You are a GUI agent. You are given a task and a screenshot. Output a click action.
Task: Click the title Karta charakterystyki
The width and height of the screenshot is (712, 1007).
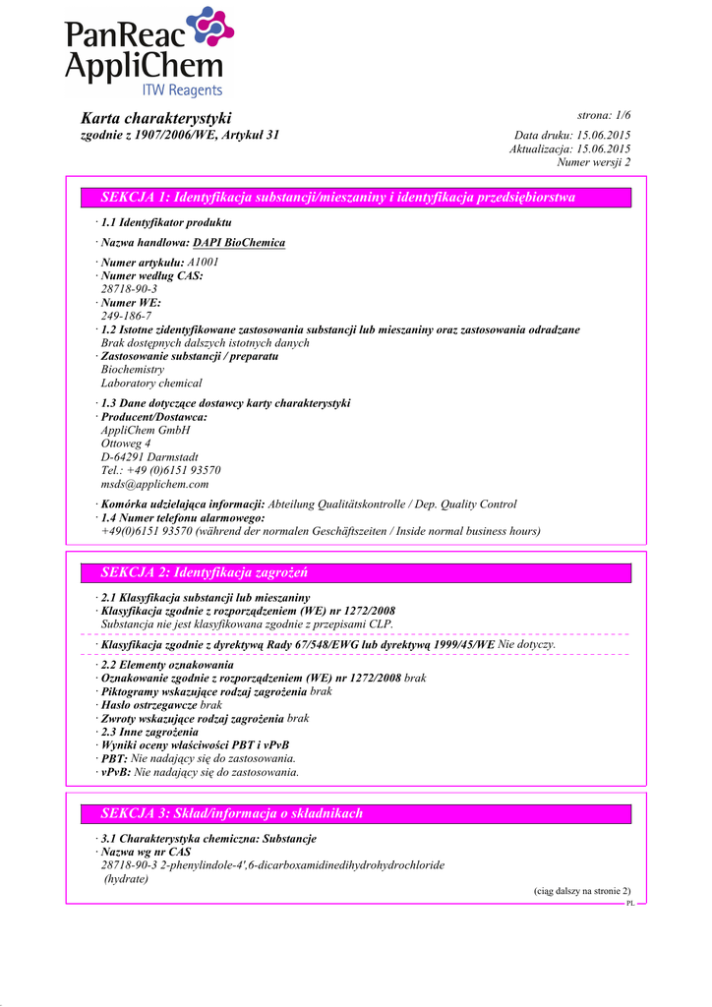point(156,118)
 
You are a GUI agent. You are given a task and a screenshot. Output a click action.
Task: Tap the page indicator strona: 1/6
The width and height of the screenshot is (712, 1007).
point(604,117)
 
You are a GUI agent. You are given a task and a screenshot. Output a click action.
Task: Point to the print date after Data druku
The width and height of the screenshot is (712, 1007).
point(604,135)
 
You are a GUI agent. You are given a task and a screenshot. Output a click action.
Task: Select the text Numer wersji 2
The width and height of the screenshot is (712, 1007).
point(594,162)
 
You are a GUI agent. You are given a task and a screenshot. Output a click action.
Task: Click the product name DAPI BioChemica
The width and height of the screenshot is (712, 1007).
point(239,243)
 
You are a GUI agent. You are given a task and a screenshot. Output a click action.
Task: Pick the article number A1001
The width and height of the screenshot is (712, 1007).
point(204,263)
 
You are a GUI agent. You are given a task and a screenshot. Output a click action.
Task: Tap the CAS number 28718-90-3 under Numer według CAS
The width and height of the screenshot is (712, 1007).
point(129,289)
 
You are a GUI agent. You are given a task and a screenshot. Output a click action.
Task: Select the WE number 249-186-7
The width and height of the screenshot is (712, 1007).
point(126,317)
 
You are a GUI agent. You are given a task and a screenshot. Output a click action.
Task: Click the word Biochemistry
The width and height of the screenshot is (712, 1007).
point(133,370)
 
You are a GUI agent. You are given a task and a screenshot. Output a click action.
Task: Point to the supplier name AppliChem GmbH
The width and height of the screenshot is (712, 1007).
point(146,431)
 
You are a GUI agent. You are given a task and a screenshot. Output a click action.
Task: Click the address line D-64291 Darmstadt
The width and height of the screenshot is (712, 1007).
point(149,457)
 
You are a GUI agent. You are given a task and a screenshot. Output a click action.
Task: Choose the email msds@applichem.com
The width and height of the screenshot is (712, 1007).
point(154,484)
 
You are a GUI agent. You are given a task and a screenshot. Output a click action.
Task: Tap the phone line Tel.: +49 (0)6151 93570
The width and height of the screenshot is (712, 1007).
point(161,471)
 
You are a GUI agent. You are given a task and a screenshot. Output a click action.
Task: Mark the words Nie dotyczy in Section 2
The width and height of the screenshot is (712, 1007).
point(527,645)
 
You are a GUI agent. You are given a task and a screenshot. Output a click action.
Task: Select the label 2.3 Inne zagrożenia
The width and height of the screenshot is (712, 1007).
point(149,732)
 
